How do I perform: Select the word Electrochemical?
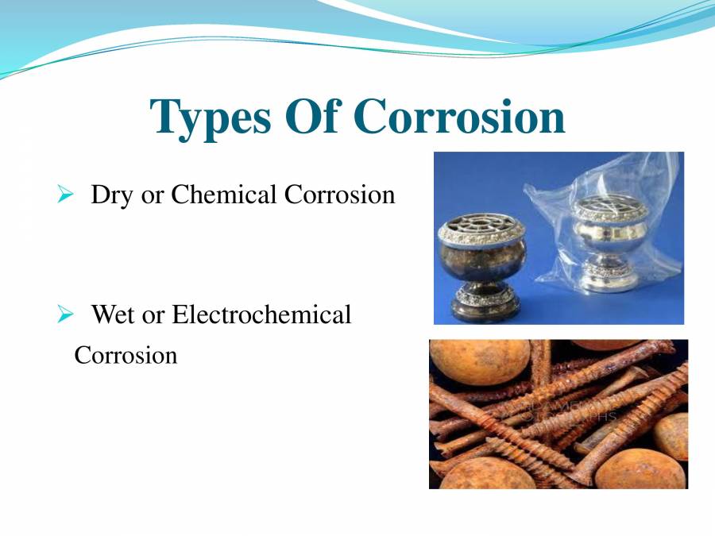[x=261, y=315]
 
